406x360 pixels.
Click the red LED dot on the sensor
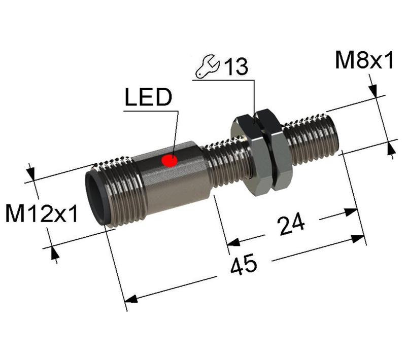pyautogui.click(x=169, y=161)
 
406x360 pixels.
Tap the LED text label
pyautogui.click(x=149, y=98)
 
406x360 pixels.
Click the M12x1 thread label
pyautogui.click(x=42, y=214)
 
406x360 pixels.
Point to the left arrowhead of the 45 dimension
pyautogui.click(x=131, y=299)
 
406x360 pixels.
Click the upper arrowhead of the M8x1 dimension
pyautogui.click(x=375, y=91)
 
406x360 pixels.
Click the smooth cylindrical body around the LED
pyautogui.click(x=175, y=177)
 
